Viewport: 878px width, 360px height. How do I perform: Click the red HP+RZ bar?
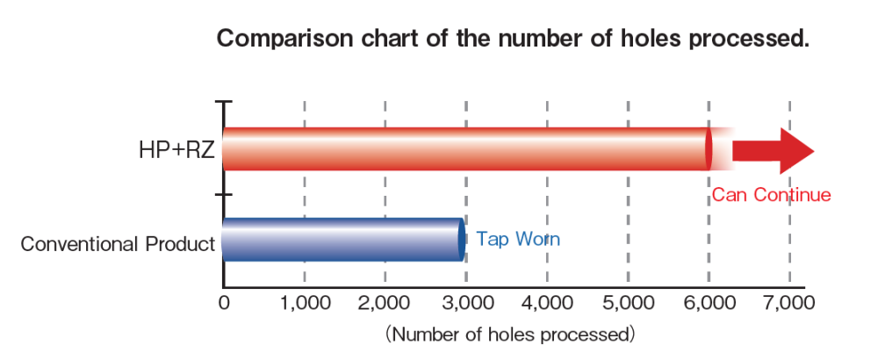tap(465, 149)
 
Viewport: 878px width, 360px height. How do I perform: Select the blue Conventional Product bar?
tap(342, 239)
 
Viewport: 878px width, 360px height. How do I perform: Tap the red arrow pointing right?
tap(774, 150)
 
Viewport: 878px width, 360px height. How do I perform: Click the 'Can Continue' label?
tap(771, 195)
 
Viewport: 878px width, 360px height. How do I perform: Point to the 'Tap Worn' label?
tap(518, 239)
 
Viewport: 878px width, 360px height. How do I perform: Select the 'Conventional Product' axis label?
tap(119, 244)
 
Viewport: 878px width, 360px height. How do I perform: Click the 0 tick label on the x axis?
tap(224, 304)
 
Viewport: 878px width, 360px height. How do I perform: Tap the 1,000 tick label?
tap(304, 304)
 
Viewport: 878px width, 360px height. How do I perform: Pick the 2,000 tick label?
tap(385, 304)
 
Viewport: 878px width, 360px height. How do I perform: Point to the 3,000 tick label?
tap(465, 304)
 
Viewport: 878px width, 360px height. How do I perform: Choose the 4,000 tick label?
tap(547, 304)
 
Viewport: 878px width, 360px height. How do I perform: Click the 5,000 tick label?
tap(628, 304)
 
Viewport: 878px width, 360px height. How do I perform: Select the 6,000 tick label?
tap(709, 304)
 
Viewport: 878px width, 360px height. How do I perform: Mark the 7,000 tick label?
tap(789, 304)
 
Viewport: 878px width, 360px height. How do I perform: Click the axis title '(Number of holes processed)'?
tap(509, 334)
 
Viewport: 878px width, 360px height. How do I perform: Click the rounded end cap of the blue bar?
tap(460, 239)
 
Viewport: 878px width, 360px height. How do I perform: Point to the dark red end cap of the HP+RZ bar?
tap(709, 149)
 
